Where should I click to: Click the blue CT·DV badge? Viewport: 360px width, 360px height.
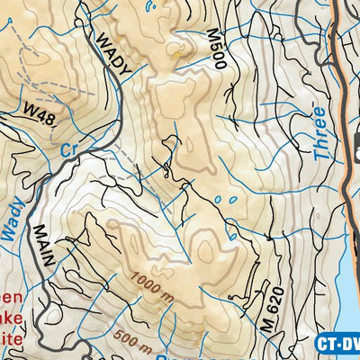[337, 343]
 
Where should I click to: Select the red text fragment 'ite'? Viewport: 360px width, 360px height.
[11, 338]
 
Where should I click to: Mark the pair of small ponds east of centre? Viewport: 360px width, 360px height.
[227, 200]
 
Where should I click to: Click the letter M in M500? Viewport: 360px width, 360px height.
[213, 34]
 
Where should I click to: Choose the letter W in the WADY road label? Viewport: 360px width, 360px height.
[103, 40]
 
